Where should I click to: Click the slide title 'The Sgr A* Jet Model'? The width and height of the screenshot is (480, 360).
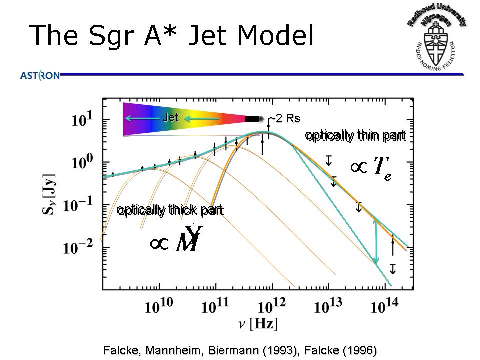172,36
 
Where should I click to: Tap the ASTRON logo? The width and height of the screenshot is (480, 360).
40,76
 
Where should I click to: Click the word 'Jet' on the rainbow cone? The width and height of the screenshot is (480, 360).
170,118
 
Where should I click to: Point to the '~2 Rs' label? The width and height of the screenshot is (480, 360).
285,118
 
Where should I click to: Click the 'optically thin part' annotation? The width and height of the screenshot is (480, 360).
355,136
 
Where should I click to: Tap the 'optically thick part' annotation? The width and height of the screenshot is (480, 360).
170,210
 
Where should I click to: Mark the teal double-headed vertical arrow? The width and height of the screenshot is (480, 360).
376,242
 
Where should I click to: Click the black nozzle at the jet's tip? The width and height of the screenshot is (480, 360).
253,118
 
